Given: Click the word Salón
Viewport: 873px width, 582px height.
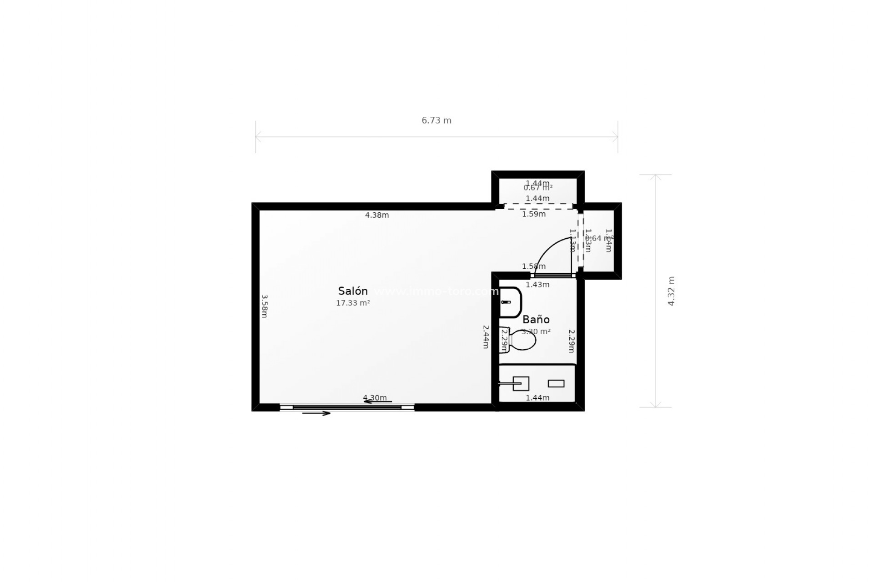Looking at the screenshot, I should [353, 291].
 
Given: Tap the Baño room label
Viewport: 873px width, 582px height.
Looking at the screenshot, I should [536, 320].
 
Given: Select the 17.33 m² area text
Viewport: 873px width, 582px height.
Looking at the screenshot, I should [353, 303].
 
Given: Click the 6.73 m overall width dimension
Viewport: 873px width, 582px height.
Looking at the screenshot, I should [436, 120].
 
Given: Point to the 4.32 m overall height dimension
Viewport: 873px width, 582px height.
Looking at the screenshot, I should [671, 291].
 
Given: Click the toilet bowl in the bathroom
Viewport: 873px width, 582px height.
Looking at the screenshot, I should [522, 340].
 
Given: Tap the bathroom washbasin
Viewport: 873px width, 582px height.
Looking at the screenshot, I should [510, 302].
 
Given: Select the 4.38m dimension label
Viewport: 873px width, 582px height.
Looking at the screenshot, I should [377, 215].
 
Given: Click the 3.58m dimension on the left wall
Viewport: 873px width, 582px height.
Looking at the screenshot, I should [265, 306].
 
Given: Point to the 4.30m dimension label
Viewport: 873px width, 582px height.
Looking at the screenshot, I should [375, 398].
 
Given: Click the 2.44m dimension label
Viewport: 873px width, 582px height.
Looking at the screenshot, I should [486, 336].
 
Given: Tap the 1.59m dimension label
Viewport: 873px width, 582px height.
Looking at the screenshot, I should [534, 214].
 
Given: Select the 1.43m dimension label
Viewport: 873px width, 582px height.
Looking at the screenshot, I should [537, 285].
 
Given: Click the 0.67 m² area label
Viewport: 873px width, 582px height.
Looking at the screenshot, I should [538, 188].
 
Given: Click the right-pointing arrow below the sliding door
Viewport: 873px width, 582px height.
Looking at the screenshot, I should [316, 413].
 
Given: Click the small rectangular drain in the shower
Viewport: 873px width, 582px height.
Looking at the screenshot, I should [556, 384].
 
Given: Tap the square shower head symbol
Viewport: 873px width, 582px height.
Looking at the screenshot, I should [521, 384].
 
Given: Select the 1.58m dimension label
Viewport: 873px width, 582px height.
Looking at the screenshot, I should [534, 266].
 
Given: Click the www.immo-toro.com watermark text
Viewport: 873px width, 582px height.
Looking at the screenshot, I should [436, 291].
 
